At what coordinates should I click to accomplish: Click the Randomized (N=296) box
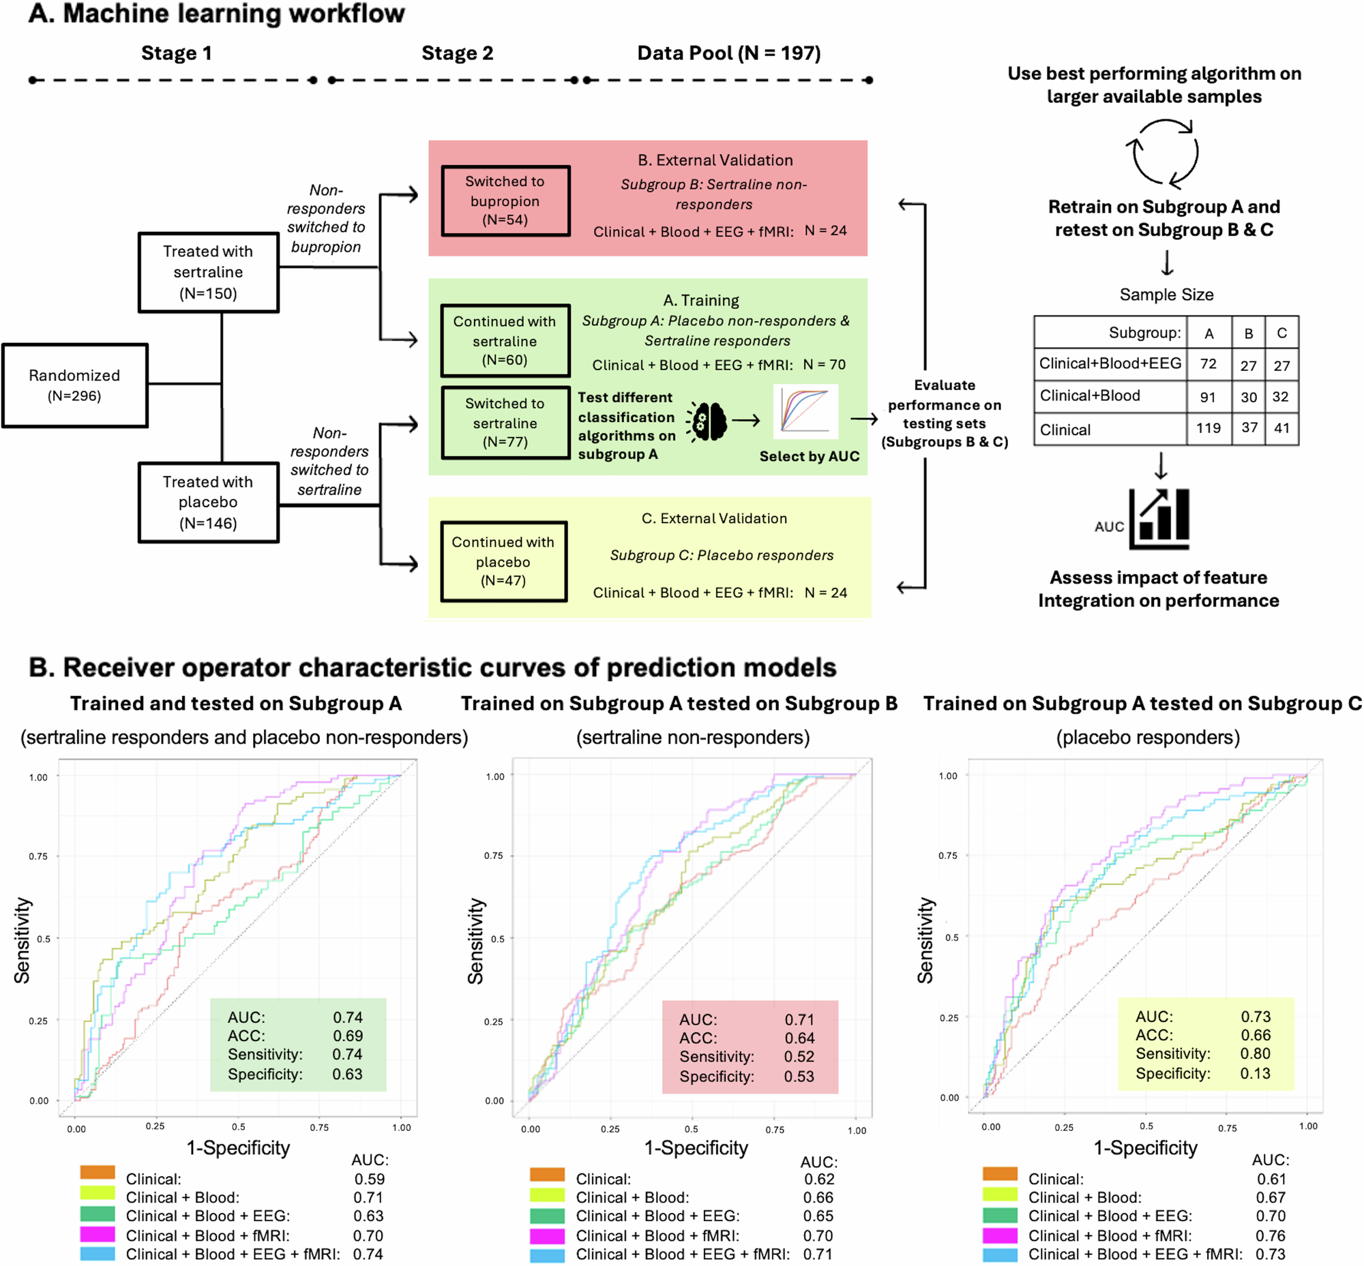(x=74, y=385)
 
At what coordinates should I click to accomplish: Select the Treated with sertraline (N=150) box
(x=208, y=272)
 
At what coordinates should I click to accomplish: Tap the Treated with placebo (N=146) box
(x=208, y=502)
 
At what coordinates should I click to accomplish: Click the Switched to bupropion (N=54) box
(x=505, y=200)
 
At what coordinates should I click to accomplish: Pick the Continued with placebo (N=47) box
(x=503, y=561)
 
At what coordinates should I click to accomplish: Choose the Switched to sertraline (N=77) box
(x=505, y=423)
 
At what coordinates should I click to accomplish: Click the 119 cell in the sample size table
(x=1209, y=428)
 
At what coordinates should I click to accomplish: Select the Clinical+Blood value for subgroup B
(x=1248, y=397)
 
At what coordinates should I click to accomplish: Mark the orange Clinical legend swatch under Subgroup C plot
(x=999, y=1173)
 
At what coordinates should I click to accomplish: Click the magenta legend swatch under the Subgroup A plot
(x=98, y=1235)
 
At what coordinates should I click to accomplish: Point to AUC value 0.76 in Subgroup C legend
(x=1270, y=1235)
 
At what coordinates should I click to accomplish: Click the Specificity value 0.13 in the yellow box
(x=1255, y=1074)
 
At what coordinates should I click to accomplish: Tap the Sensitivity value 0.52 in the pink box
(x=799, y=1057)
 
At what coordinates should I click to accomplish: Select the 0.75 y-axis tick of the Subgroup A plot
(x=38, y=856)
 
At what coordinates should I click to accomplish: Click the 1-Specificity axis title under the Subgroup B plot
(x=696, y=1147)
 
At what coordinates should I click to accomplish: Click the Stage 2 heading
(x=457, y=53)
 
